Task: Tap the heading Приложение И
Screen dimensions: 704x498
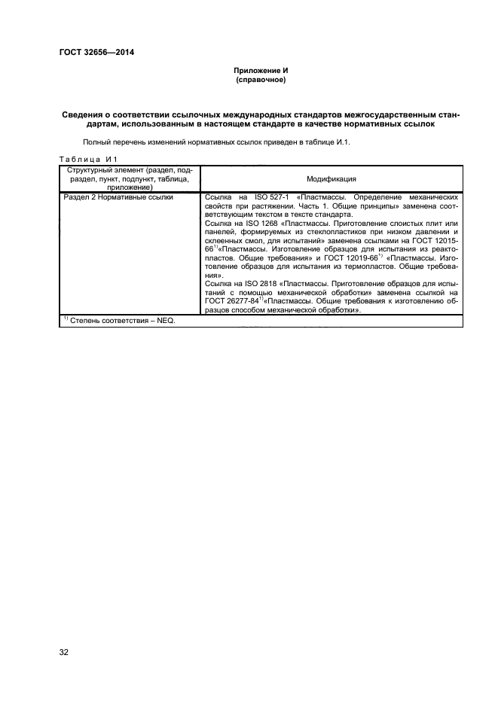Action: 261,70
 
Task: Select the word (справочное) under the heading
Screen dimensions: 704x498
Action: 261,79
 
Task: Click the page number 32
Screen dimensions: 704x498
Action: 64,651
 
